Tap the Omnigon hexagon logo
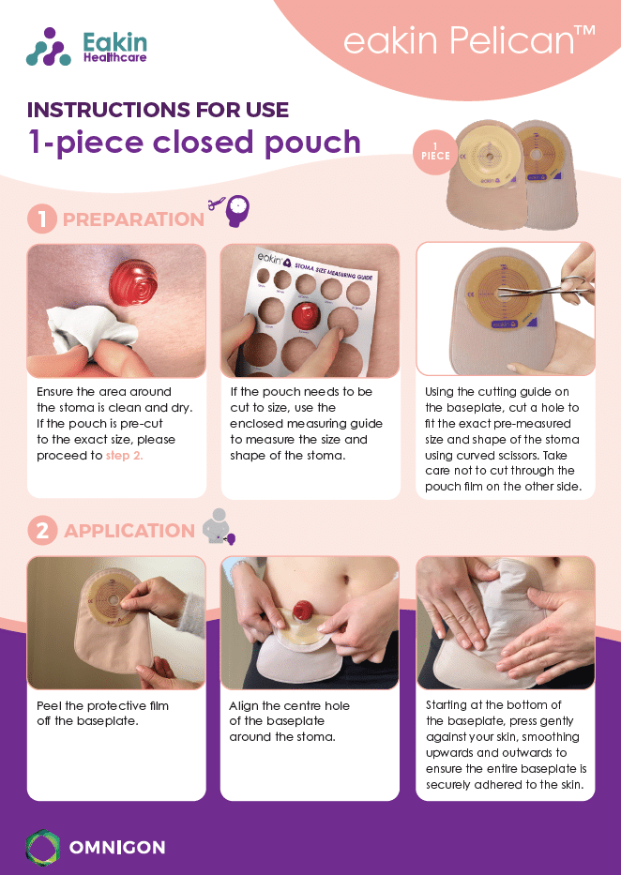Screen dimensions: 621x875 click(43, 848)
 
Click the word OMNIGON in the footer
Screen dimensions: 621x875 click(117, 848)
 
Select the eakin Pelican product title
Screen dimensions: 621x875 click(469, 40)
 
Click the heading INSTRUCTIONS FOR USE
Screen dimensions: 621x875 click(158, 110)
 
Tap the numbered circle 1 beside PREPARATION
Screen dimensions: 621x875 click(42, 219)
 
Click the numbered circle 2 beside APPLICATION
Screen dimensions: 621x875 click(42, 530)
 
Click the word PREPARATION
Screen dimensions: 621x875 click(133, 219)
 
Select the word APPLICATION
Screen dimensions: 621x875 click(129, 531)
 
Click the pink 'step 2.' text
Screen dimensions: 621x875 click(125, 456)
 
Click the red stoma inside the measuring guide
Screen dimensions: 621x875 click(305, 316)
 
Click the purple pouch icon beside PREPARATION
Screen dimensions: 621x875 click(236, 210)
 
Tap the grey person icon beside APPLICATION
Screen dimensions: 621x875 click(217, 526)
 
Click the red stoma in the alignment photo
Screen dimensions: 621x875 click(302, 609)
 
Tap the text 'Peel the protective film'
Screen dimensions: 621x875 click(102, 705)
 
